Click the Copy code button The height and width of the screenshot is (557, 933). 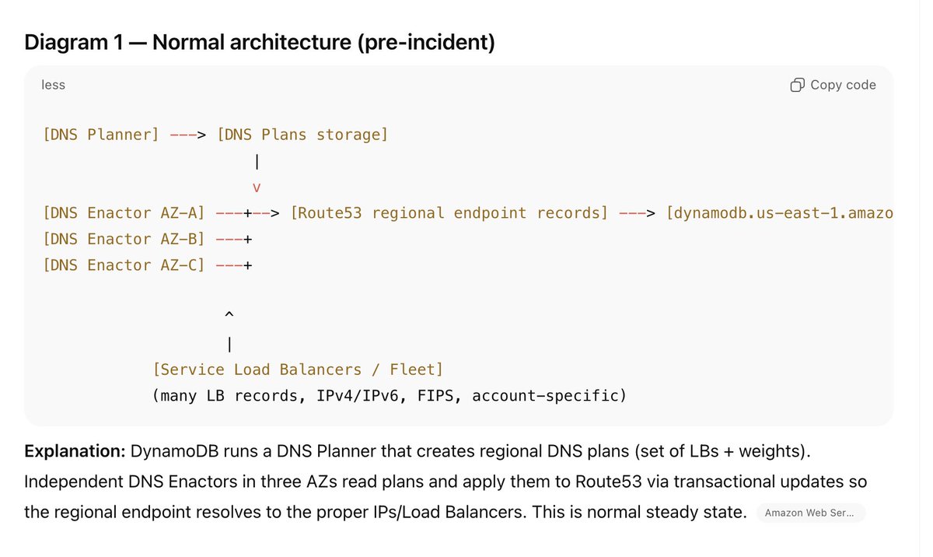click(x=833, y=85)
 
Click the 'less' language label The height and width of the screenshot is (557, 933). click(x=53, y=85)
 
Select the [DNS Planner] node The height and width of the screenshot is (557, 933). click(x=101, y=135)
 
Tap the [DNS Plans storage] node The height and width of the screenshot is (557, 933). click(x=302, y=135)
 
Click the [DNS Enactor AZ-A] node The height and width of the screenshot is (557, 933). click(x=124, y=213)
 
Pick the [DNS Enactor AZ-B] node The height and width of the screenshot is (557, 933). click(x=124, y=239)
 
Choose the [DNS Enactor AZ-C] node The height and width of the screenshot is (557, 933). click(x=124, y=265)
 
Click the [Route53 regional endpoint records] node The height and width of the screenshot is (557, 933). click(x=449, y=213)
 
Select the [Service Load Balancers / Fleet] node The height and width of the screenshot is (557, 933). click(x=298, y=370)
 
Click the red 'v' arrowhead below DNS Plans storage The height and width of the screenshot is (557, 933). click(x=257, y=187)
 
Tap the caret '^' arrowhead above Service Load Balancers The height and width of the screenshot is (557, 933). click(x=229, y=315)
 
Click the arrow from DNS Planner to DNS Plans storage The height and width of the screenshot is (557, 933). click(x=187, y=135)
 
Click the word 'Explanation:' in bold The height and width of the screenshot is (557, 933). click(x=74, y=451)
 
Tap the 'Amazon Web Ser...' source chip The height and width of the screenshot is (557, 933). click(x=809, y=513)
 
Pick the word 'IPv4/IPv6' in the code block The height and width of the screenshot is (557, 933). click(x=358, y=396)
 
